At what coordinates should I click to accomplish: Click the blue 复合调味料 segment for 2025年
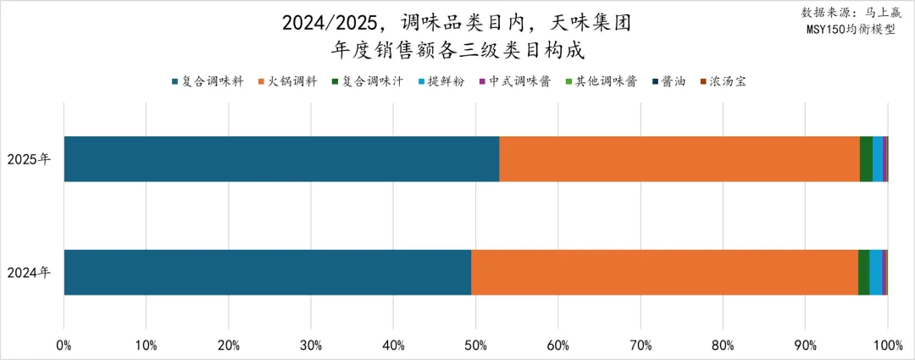pos(281,158)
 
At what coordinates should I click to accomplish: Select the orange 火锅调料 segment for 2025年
pos(679,158)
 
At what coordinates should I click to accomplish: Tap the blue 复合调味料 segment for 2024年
pos(267,272)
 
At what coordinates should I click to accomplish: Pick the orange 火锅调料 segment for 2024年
pos(664,272)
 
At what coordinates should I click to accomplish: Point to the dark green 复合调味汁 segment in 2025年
pos(866,158)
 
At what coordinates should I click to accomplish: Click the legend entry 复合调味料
pos(208,81)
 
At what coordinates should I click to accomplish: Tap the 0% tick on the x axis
pos(64,345)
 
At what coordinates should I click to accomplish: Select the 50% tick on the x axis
pos(475,345)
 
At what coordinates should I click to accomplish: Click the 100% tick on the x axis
pos(887,345)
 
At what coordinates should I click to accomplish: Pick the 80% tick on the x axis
pos(723,345)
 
